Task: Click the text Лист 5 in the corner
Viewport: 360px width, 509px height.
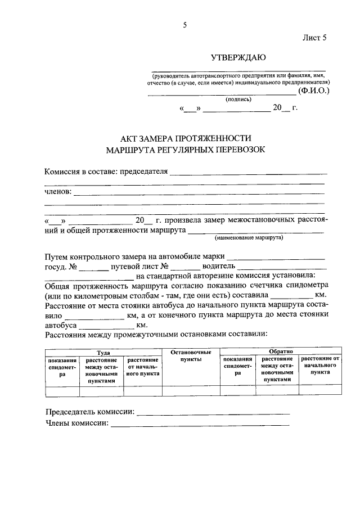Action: [x=314, y=38]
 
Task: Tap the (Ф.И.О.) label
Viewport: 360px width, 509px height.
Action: [x=314, y=90]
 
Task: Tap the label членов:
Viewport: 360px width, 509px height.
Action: [x=58, y=192]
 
